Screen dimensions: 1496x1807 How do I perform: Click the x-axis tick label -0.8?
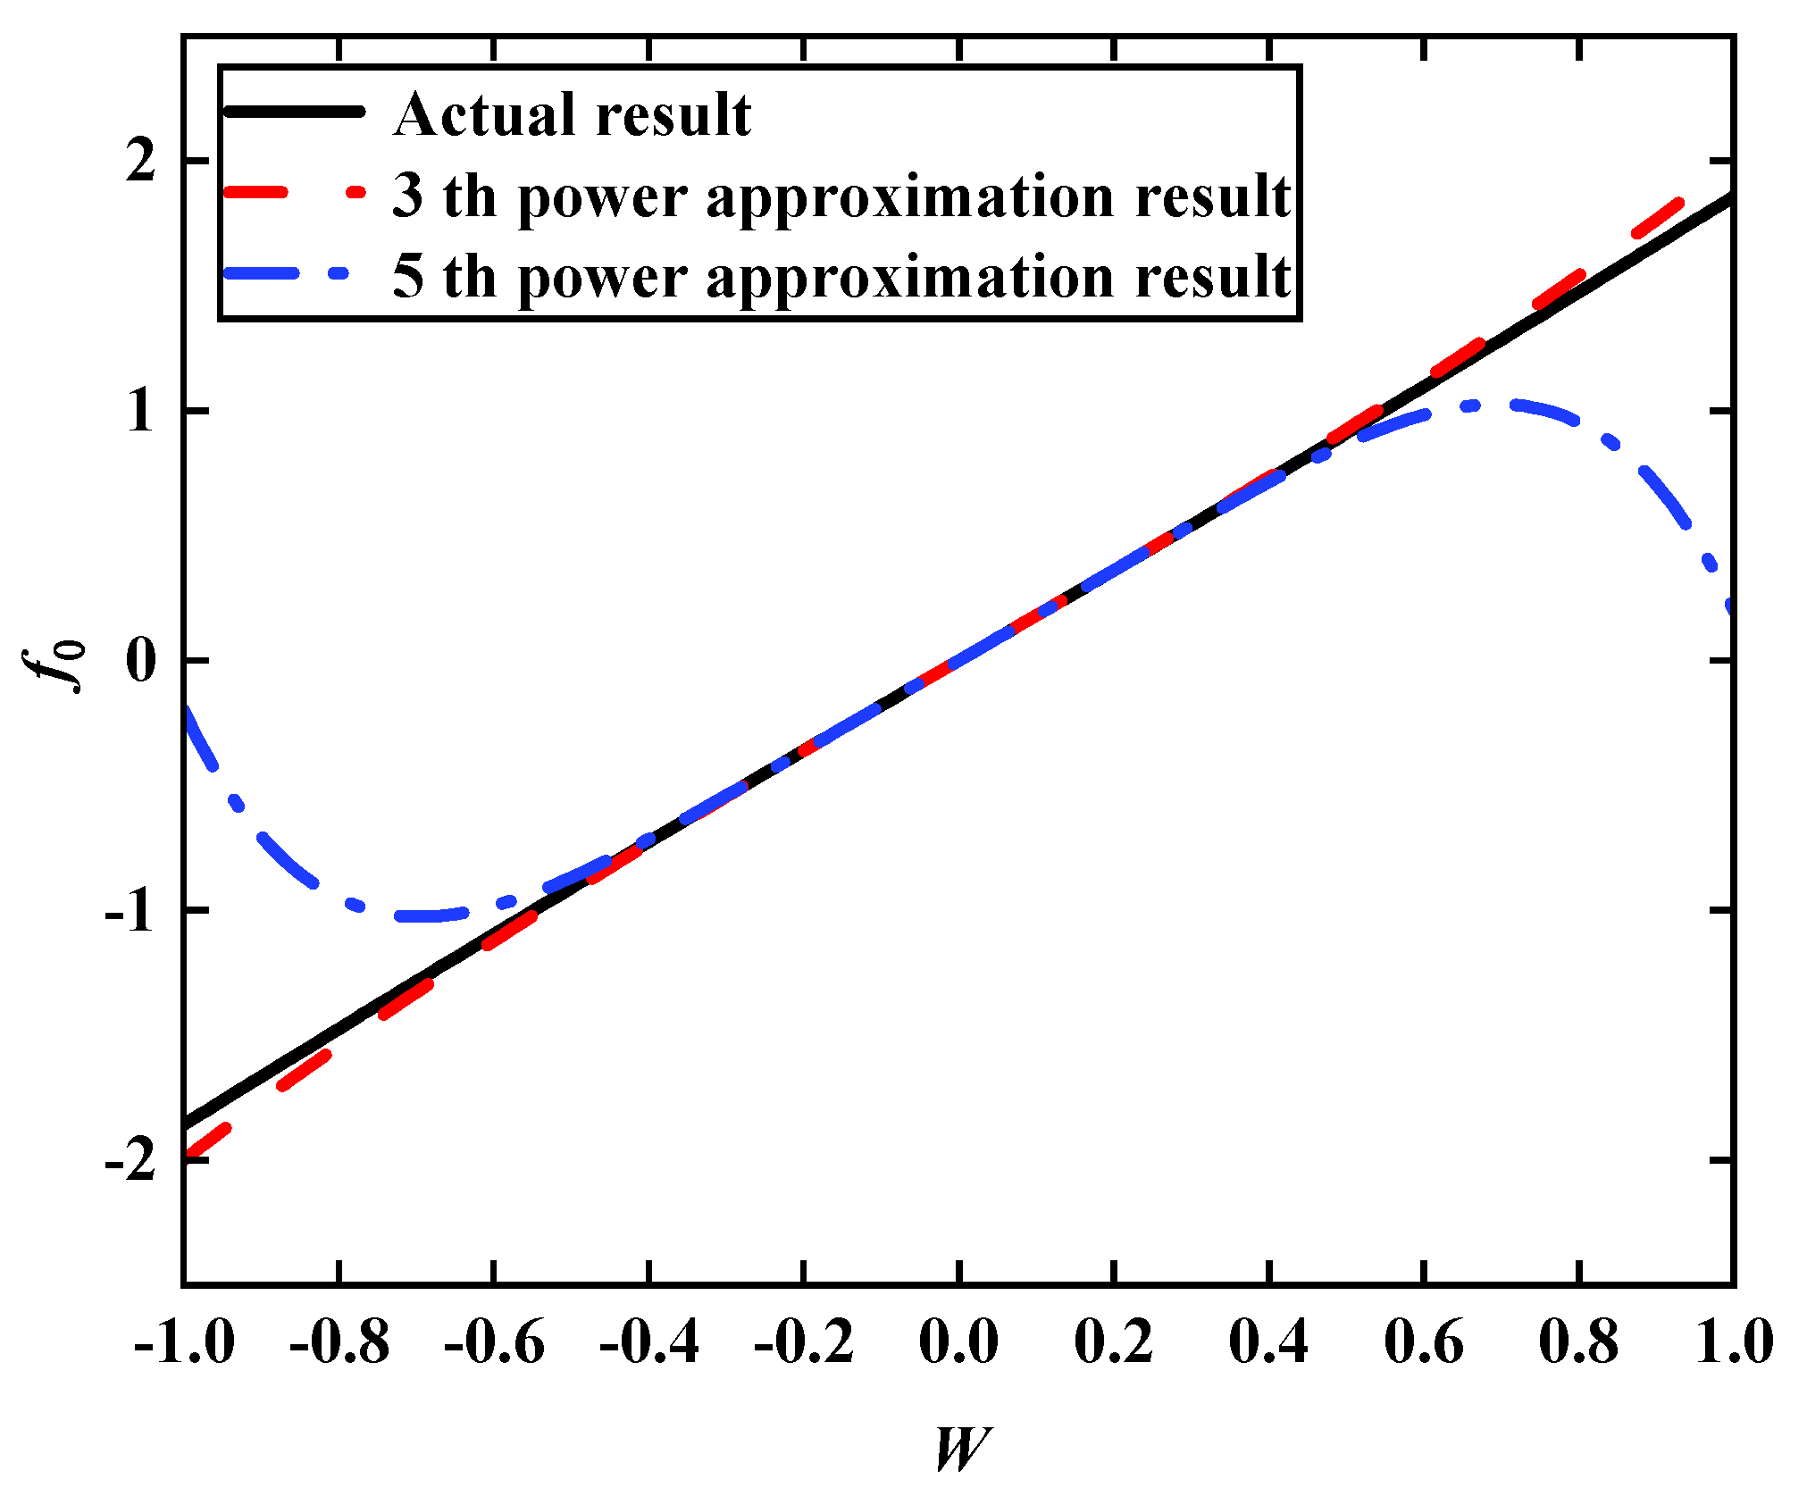pyautogui.click(x=339, y=1342)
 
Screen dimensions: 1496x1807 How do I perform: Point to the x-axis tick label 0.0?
pyautogui.click(x=958, y=1342)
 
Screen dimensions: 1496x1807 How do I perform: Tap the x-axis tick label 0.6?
pyautogui.click(x=1424, y=1342)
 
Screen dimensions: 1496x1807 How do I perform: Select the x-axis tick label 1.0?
pyautogui.click(x=1734, y=1342)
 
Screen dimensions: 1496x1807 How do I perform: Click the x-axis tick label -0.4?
pyautogui.click(x=648, y=1342)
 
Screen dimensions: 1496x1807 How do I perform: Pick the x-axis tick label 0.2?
pyautogui.click(x=1113, y=1342)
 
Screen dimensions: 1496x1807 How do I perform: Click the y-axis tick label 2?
pyautogui.click(x=141, y=162)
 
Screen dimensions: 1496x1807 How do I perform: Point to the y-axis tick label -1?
pyautogui.click(x=131, y=911)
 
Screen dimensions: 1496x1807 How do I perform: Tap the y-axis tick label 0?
pyautogui.click(x=141, y=661)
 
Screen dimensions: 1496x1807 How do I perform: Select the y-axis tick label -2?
pyautogui.click(x=131, y=1161)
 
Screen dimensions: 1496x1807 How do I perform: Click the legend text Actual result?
pyautogui.click(x=573, y=114)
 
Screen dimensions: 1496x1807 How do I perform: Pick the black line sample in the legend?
pyautogui.click(x=294, y=112)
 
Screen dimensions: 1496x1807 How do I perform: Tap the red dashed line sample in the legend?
pyautogui.click(x=294, y=192)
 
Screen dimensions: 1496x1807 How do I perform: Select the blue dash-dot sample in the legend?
pyautogui.click(x=294, y=273)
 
